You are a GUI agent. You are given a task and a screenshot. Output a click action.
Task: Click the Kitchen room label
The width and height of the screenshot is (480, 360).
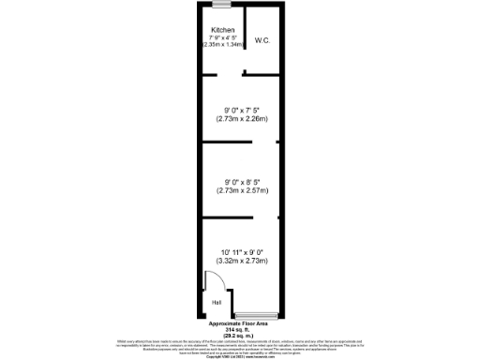point(222,30)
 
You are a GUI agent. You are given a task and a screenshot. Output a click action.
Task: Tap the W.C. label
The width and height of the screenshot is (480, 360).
point(262,41)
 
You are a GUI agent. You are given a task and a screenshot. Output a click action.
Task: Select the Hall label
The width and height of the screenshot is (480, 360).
point(217,303)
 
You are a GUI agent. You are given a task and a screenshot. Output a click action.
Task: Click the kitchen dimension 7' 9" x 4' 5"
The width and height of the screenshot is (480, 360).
point(222,37)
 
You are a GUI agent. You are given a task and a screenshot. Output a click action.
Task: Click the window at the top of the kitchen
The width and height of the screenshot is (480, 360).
point(221,8)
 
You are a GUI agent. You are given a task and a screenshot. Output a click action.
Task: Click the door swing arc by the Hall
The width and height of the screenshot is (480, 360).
point(209,281)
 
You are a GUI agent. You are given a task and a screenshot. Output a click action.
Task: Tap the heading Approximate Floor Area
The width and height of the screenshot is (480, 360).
point(240,324)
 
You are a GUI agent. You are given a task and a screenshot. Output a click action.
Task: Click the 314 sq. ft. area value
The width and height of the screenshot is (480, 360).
point(240,330)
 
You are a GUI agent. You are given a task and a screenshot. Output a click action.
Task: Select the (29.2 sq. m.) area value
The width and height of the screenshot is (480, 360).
point(240,336)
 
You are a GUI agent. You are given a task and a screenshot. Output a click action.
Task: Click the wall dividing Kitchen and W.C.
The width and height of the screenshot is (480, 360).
point(245,37)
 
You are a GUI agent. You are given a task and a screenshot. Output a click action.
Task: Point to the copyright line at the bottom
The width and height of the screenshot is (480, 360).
point(240,357)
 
